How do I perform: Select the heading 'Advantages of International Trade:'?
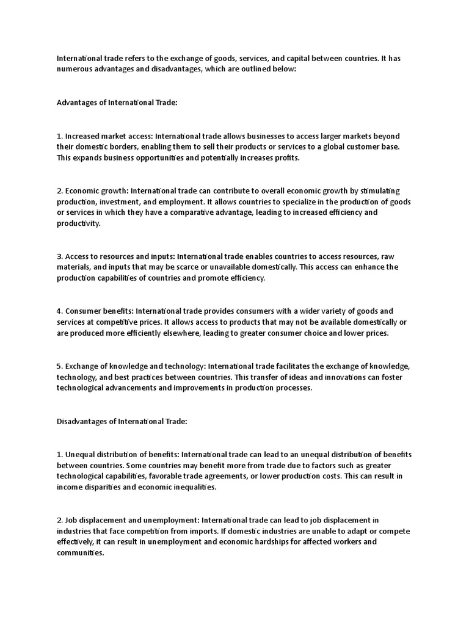tap(117, 103)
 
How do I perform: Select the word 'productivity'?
tap(78, 223)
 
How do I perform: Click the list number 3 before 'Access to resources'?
tap(59, 256)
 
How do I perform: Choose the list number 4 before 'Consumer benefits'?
tap(59, 311)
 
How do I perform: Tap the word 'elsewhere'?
tap(212, 333)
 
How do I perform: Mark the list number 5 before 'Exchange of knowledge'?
tap(59, 366)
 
